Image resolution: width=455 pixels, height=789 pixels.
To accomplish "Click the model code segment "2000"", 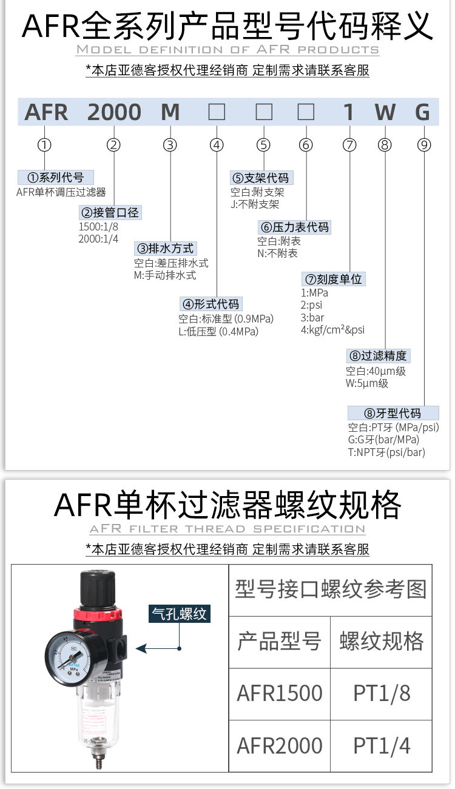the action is [115, 112].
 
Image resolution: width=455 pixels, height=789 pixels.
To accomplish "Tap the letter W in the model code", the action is [385, 112].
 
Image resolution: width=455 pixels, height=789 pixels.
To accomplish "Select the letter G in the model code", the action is [423, 112].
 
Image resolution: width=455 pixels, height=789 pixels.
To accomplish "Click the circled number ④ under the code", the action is [217, 145].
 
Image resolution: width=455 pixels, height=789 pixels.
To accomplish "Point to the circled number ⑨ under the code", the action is [424, 145].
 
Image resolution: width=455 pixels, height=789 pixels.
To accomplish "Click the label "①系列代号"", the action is [56, 178].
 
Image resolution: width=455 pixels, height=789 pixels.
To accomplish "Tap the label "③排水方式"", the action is [166, 248].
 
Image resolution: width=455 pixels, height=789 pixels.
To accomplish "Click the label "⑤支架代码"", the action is [261, 178].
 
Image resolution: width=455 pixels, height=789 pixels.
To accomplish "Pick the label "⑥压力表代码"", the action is [295, 227].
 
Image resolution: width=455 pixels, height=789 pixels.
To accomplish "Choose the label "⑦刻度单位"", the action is [334, 279].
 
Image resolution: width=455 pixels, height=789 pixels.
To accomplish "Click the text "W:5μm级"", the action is [367, 383].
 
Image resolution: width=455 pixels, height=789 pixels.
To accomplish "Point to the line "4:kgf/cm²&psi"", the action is [333, 331].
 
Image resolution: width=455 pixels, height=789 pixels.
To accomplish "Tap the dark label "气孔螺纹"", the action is [180, 614].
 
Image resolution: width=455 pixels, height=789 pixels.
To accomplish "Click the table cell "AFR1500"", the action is [280, 693].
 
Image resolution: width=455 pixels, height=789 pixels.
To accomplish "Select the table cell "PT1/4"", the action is [382, 745].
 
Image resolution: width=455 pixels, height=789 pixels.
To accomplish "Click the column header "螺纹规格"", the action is [382, 641].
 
